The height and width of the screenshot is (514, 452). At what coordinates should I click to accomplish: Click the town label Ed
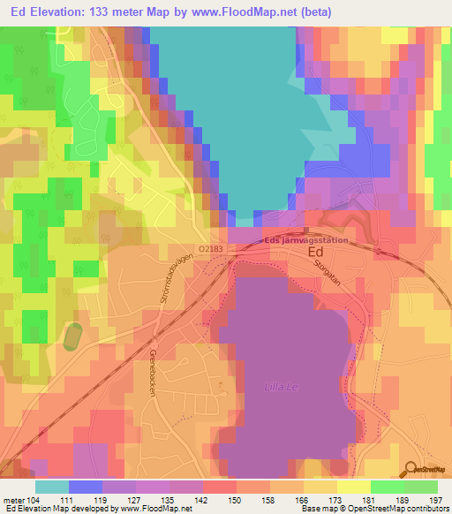(315, 253)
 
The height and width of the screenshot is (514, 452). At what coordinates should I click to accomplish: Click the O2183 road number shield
(212, 250)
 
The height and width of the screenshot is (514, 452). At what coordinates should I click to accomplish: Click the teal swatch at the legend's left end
(52, 487)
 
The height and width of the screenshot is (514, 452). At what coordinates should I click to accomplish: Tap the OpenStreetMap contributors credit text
(395, 509)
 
